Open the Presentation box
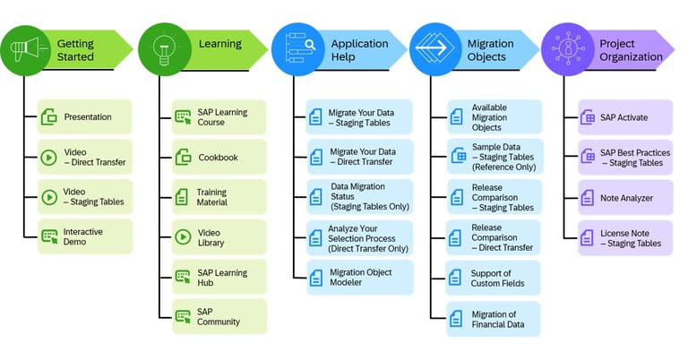tap(84, 116)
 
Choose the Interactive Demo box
tap(84, 237)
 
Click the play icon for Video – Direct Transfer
tap(49, 157)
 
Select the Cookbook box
tap(219, 158)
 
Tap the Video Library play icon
tap(183, 237)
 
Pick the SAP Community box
tap(219, 316)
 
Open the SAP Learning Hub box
tap(219, 277)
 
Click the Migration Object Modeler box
tap(359, 278)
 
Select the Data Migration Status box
tap(359, 197)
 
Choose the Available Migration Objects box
tap(495, 117)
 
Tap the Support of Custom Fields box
tap(495, 278)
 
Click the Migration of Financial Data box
tap(495, 318)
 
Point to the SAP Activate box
tap(625, 117)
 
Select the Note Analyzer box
tap(625, 197)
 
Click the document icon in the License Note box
tap(588, 237)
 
